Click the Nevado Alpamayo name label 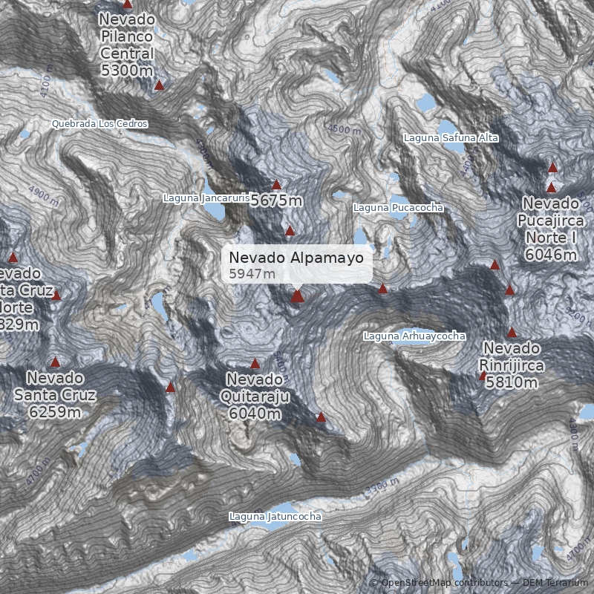pyautogui.click(x=296, y=258)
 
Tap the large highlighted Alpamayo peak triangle pyautogui.click(x=298, y=296)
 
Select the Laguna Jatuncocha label pyautogui.click(x=275, y=516)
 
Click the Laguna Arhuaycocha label pyautogui.click(x=414, y=336)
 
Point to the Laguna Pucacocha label pyautogui.click(x=398, y=208)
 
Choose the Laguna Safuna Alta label pyautogui.click(x=451, y=138)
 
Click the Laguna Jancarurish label pyautogui.click(x=206, y=198)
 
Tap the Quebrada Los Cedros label pyautogui.click(x=100, y=123)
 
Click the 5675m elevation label pyautogui.click(x=276, y=200)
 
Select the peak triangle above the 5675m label pyautogui.click(x=277, y=185)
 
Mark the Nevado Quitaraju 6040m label pyautogui.click(x=255, y=396)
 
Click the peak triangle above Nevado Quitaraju pyautogui.click(x=255, y=364)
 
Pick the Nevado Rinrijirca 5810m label pyautogui.click(x=512, y=365)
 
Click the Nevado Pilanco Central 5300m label pyautogui.click(x=127, y=45)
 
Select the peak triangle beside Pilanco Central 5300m pyautogui.click(x=159, y=85)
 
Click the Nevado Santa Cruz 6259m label pyautogui.click(x=55, y=394)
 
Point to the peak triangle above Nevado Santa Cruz pyautogui.click(x=55, y=362)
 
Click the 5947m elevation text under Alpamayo pyautogui.click(x=252, y=274)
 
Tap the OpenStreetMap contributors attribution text pyautogui.click(x=443, y=583)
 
